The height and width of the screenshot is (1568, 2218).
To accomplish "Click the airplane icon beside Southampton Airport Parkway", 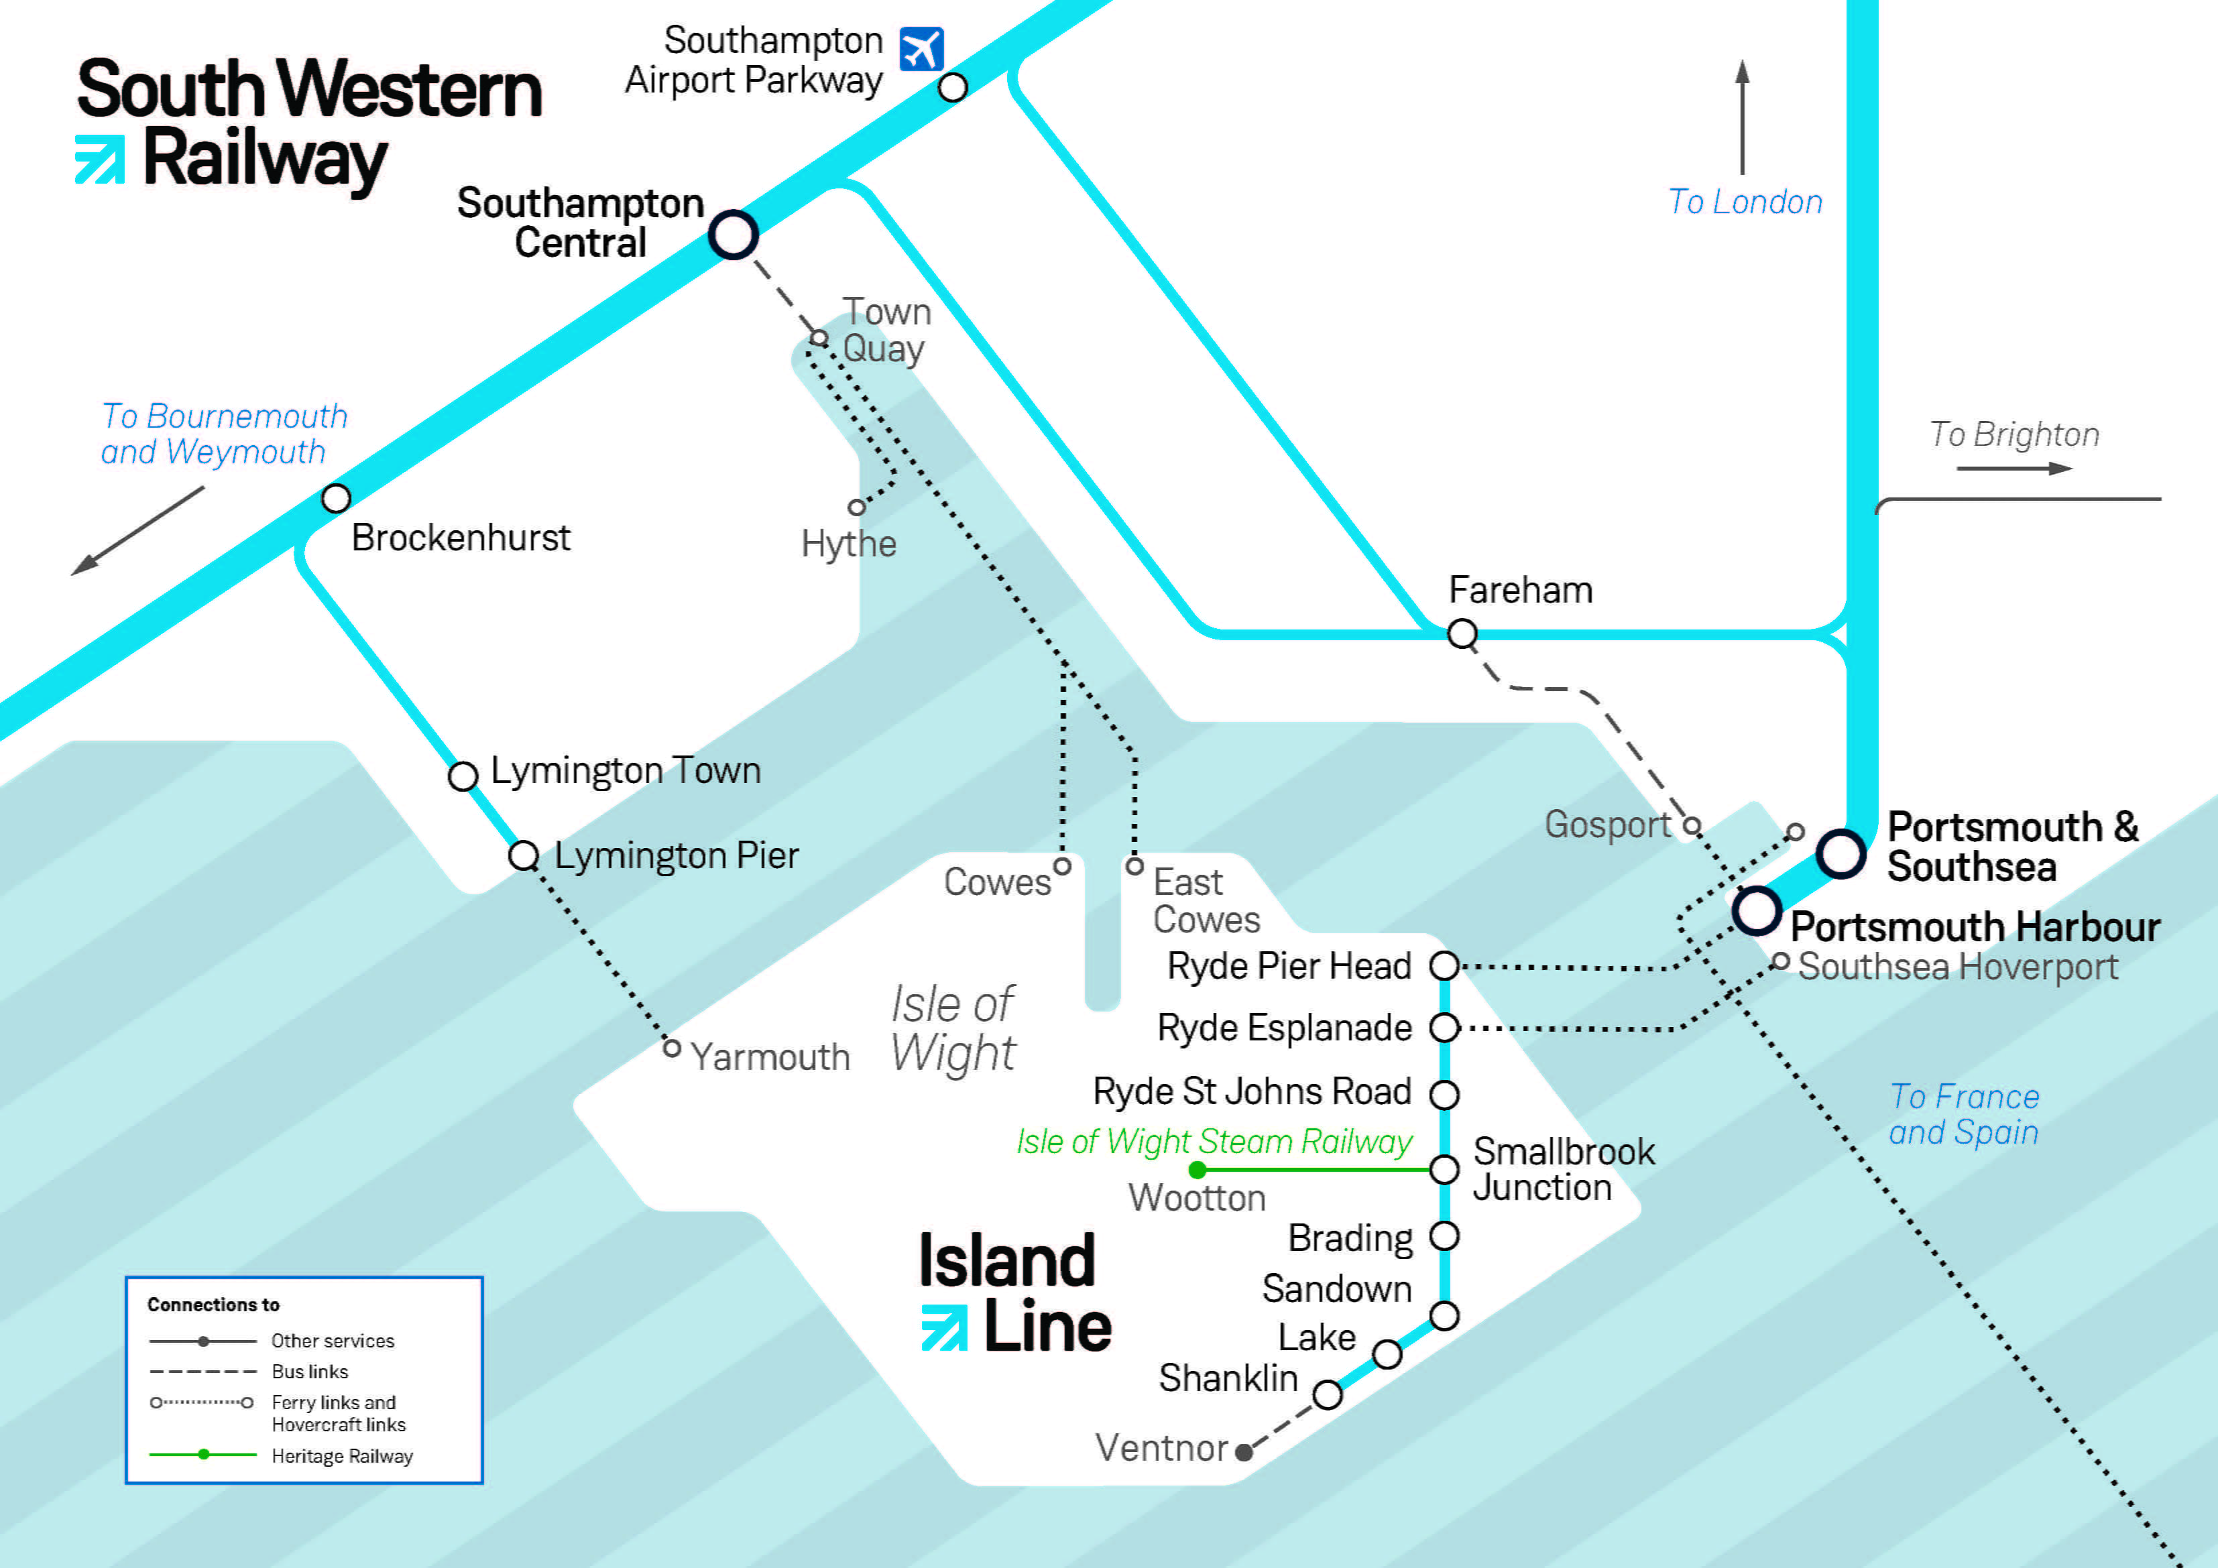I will point(921,49).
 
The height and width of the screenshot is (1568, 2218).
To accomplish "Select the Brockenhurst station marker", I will point(335,499).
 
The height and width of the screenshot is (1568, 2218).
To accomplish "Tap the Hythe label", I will point(848,544).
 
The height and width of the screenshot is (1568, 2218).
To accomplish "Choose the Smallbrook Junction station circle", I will point(1444,1170).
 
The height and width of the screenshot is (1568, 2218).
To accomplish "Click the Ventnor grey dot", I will point(1244,1452).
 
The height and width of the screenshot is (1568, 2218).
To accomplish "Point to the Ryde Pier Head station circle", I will point(1444,965).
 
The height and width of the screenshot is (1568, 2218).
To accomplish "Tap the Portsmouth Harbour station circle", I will point(1756,909).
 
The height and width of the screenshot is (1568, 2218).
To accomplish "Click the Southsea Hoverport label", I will point(1957,967).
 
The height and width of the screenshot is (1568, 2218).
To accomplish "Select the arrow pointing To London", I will point(1743,116).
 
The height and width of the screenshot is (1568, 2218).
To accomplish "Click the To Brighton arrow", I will point(2014,469).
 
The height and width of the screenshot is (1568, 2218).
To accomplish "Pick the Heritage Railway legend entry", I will point(342,1456).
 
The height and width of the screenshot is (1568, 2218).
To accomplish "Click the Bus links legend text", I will point(309,1372).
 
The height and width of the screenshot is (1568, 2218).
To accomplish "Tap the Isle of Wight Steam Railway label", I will point(1214,1141).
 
